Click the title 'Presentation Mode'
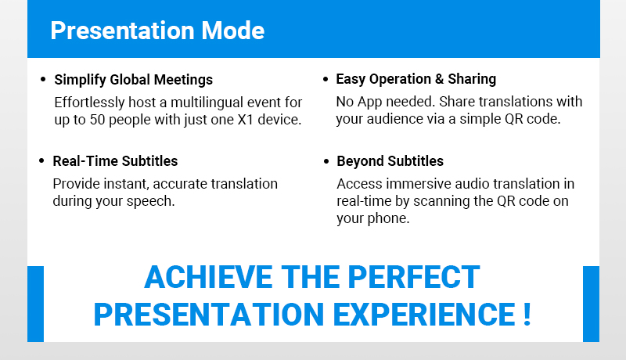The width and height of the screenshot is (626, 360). (157, 31)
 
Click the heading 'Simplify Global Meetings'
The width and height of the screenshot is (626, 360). (133, 79)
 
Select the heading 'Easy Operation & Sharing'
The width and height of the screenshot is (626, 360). (416, 79)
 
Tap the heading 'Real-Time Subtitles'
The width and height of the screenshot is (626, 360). (115, 161)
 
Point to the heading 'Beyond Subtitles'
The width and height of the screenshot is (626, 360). (390, 161)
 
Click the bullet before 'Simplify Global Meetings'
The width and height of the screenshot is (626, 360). (43, 79)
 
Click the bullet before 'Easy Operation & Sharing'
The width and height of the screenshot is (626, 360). (326, 79)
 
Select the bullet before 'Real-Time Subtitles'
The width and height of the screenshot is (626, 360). (41, 161)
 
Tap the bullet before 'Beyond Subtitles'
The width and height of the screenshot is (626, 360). (326, 161)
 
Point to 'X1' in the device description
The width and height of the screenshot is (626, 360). (246, 120)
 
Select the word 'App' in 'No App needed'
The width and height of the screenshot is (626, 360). (369, 103)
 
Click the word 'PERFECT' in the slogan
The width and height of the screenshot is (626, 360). (414, 277)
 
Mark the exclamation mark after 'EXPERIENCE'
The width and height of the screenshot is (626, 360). (527, 314)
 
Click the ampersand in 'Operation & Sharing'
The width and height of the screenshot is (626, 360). (439, 79)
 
